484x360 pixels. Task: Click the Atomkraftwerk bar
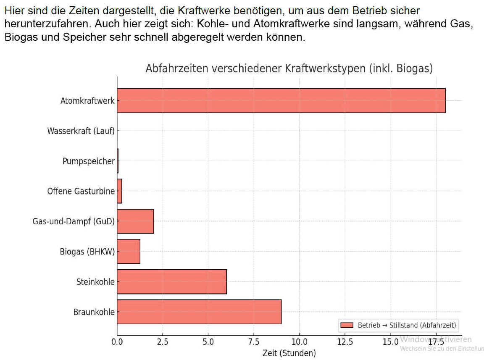tap(281, 100)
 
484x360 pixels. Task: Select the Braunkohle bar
tap(199, 312)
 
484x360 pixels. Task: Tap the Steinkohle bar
tap(171, 281)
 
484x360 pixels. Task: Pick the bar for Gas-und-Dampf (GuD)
tap(135, 221)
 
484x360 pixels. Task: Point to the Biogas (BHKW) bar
tap(128, 251)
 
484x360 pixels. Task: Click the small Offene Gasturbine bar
tap(119, 191)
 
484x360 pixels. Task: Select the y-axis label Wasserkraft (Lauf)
tap(81, 131)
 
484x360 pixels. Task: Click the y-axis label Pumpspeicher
tap(88, 161)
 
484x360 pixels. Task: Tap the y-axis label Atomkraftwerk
tap(87, 101)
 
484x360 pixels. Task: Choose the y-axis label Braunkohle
tap(94, 312)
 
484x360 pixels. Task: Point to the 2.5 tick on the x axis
tap(162, 340)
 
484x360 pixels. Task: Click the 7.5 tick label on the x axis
tap(253, 340)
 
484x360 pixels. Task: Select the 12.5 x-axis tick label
tap(345, 340)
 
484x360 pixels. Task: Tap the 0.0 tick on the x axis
tap(117, 340)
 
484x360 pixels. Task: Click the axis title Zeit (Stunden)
tap(289, 353)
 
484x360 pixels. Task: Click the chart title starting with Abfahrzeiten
tap(289, 68)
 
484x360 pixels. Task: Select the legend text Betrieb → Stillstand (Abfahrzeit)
tap(407, 325)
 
